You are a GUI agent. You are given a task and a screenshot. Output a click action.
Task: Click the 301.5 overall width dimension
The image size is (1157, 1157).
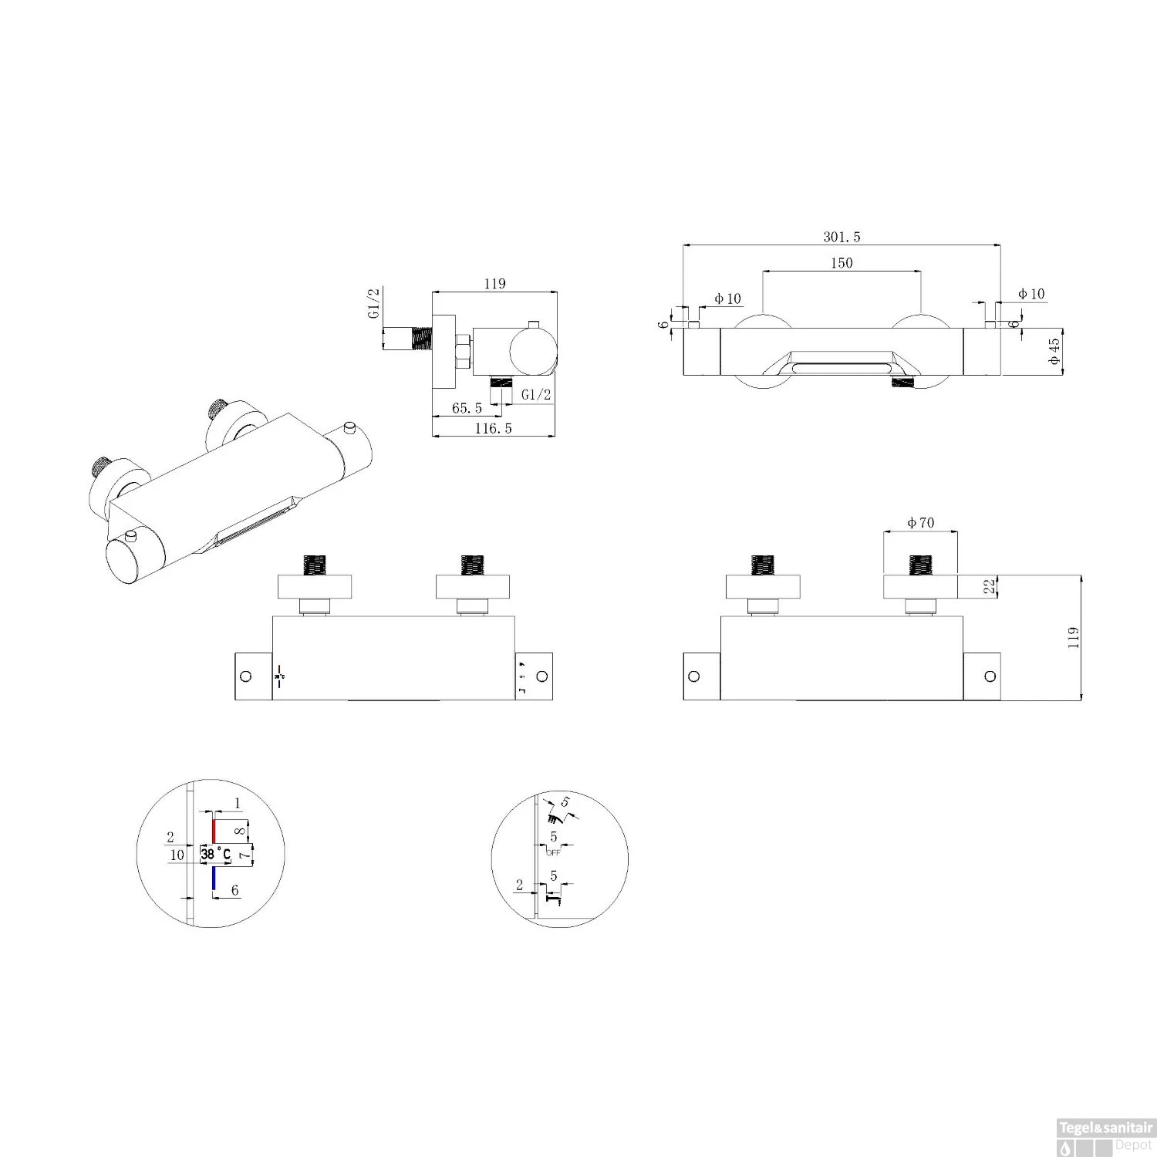[842, 237]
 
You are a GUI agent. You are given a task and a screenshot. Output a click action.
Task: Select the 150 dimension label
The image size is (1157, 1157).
[842, 263]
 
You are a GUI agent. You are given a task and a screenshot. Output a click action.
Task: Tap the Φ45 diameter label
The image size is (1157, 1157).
[1054, 351]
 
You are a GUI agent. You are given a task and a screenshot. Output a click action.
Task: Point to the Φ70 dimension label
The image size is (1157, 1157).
[920, 523]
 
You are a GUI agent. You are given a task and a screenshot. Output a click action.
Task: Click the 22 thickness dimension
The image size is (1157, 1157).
[990, 586]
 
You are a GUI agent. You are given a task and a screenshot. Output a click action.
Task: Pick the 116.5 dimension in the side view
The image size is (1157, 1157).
[493, 428]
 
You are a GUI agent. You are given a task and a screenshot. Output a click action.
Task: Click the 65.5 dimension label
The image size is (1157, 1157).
[467, 408]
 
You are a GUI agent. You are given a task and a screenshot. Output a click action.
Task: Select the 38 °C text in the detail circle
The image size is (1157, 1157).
[216, 854]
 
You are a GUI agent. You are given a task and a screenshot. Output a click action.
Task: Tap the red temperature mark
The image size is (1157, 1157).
[214, 831]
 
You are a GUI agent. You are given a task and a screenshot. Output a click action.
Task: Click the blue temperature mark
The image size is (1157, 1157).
[214, 878]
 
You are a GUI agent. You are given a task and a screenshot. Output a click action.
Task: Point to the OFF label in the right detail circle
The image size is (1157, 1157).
[553, 852]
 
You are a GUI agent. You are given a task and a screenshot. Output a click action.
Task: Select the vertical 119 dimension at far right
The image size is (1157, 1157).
[1073, 638]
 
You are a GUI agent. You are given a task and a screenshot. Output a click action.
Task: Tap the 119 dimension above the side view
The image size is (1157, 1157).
[494, 284]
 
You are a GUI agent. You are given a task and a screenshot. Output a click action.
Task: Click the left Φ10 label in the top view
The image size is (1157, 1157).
[727, 299]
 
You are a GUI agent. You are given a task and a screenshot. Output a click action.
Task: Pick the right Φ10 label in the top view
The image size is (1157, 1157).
[1031, 294]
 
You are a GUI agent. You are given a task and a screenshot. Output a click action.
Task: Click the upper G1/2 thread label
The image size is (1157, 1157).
[373, 304]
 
